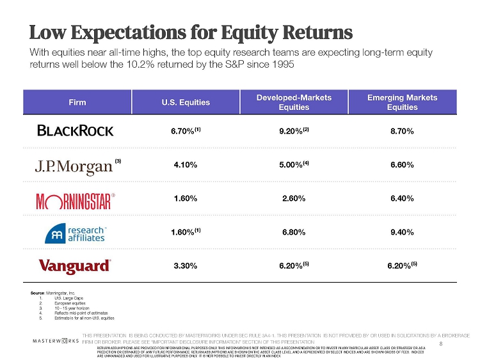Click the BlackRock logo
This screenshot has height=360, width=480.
[75, 130]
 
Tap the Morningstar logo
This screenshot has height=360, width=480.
[75, 200]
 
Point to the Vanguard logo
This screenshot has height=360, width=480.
[75, 265]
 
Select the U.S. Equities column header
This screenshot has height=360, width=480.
[186, 102]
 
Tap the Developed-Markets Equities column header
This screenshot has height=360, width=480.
[293, 102]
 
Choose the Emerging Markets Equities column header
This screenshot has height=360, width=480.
[402, 102]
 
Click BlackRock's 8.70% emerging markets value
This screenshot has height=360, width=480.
[402, 131]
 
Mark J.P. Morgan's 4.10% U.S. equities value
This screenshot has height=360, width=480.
[185, 164]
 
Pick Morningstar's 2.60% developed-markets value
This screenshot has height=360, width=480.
[293, 199]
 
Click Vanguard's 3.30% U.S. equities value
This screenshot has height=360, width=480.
[185, 263]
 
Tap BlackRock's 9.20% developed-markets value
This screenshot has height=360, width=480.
[291, 131]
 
